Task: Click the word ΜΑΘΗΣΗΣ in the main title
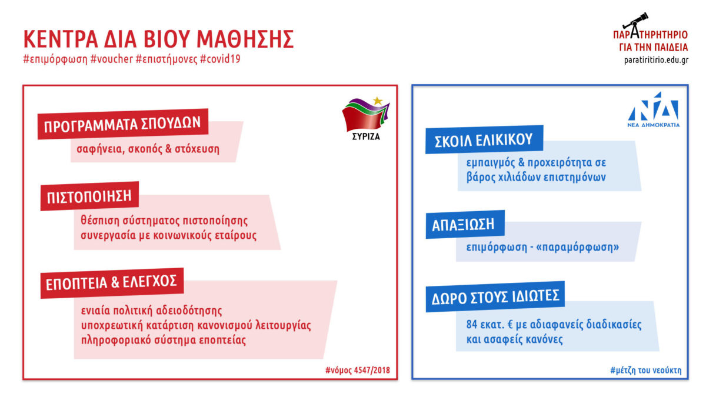tap(245, 39)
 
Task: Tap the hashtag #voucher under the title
tap(112, 59)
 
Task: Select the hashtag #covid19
tap(220, 59)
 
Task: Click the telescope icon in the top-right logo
tap(635, 21)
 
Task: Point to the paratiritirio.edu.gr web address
tap(656, 60)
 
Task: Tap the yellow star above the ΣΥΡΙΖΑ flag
tap(378, 101)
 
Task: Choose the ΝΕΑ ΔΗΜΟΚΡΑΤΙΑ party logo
tap(654, 109)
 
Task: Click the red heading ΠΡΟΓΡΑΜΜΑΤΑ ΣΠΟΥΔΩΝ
tap(122, 124)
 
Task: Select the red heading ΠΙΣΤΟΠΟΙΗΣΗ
tap(89, 196)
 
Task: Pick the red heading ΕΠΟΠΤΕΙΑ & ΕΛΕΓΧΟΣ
tap(111, 283)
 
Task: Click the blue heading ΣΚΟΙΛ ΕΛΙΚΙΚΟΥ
tap(484, 140)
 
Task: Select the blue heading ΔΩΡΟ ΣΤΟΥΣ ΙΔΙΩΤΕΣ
tap(495, 297)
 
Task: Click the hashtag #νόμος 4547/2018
tap(358, 370)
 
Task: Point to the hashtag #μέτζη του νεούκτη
tap(646, 370)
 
